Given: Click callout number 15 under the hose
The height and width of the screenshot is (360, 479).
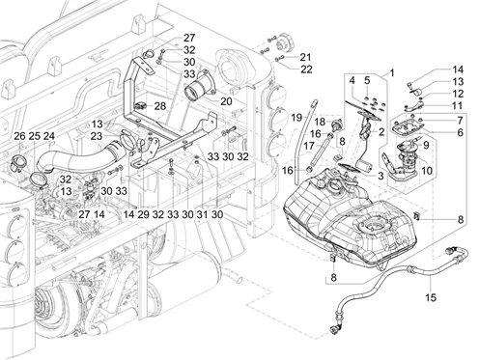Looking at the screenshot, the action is (431, 297).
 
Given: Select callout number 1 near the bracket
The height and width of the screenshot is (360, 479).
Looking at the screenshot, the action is (392, 73).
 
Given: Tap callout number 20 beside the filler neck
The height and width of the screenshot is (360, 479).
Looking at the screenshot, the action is (226, 101).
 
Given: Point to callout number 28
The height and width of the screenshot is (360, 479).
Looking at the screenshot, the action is (160, 106).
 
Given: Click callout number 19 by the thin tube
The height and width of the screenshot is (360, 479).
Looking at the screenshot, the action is (296, 118).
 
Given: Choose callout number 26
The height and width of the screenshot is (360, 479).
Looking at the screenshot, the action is (19, 136).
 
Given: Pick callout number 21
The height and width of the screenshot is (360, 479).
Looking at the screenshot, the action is (305, 57).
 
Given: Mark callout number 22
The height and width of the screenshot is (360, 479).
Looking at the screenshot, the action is (306, 69).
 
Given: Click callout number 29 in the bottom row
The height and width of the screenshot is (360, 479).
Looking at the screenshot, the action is (143, 214).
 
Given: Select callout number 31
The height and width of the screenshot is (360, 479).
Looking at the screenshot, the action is (202, 214).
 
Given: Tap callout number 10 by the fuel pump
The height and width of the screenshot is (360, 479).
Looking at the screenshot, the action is (427, 170).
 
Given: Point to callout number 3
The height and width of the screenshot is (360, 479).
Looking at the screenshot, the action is (380, 176).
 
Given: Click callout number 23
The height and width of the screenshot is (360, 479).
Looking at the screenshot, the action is (97, 136).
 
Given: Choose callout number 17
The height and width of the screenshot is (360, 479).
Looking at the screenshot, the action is (309, 146).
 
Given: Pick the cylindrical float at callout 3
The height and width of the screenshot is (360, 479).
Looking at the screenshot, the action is (365, 167).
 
